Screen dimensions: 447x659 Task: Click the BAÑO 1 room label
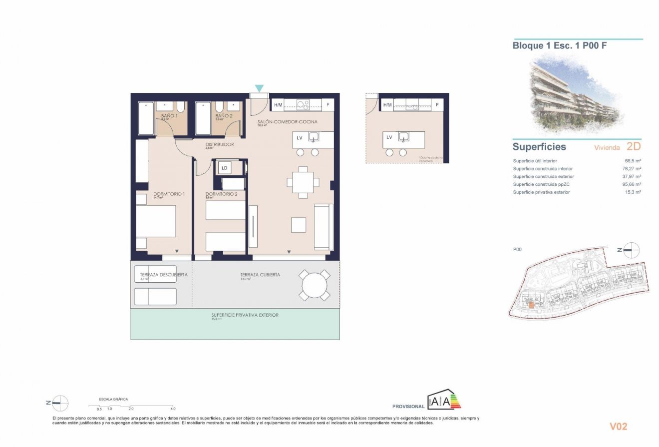click(169, 116)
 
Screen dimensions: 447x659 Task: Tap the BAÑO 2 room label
click(224, 116)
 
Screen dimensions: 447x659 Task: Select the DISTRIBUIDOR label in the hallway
click(220, 145)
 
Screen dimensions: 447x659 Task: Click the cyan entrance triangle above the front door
click(259, 88)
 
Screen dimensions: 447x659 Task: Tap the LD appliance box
click(225, 168)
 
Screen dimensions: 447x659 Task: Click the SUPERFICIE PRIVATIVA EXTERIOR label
click(245, 315)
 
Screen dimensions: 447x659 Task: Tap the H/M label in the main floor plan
click(278, 105)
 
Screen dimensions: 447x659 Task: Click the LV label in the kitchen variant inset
click(389, 137)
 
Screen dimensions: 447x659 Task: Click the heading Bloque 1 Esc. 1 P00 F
click(560, 46)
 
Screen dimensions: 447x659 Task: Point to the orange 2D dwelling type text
click(633, 147)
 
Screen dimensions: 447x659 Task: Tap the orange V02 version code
click(618, 427)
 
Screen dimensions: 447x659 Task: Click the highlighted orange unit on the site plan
click(531, 304)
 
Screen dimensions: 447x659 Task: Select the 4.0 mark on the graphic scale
click(173, 409)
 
